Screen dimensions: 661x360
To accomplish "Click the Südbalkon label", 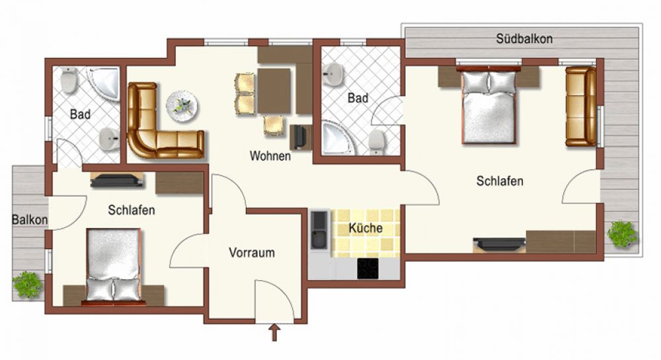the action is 524,39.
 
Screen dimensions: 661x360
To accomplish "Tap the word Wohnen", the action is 270,156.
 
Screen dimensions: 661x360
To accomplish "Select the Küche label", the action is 366,228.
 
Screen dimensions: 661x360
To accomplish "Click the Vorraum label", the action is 252,252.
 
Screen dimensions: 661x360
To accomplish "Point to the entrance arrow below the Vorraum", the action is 274,332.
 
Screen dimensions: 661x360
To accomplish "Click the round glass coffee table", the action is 182,106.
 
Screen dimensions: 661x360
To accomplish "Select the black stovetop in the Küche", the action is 368,268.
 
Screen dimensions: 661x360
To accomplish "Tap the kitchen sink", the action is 319,230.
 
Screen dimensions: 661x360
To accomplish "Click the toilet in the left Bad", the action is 69,80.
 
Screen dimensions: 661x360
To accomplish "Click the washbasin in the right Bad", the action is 333,74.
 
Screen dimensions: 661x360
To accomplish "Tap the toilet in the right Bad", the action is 377,142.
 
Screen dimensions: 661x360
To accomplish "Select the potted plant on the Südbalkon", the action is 622,233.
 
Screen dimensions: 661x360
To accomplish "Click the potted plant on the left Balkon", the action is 27,284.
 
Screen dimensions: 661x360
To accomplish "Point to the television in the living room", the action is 299,137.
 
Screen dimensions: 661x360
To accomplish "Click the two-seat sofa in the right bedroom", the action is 581,106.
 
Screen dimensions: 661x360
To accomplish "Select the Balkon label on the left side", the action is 30,220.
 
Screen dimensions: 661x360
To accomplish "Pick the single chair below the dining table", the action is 274,126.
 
